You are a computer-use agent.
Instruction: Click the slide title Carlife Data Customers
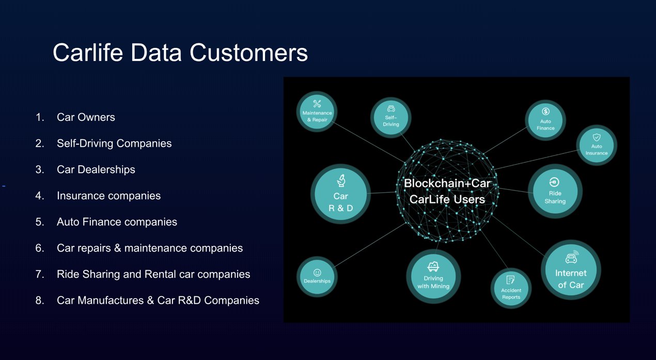point(180,53)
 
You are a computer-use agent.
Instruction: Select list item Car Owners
point(86,117)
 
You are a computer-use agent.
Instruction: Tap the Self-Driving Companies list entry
point(114,144)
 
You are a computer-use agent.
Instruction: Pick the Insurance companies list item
point(108,196)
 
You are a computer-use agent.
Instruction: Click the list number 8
point(40,300)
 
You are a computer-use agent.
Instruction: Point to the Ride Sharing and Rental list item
point(153,274)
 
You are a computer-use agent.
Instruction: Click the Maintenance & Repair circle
point(317,112)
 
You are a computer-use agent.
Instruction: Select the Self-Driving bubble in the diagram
point(391,117)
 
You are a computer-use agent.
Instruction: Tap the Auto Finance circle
point(545,120)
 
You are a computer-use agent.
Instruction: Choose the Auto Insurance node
point(597,145)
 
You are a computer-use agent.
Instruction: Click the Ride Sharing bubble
point(555,191)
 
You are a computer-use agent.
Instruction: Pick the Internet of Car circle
point(571,270)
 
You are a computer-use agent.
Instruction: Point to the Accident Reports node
point(511,288)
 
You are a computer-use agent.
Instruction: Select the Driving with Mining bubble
point(433,276)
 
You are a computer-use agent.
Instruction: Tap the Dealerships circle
point(317,277)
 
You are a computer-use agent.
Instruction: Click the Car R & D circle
point(340,194)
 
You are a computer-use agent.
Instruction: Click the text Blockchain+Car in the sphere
point(447,183)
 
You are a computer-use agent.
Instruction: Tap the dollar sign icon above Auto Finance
point(545,112)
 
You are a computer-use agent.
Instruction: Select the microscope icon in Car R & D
point(341,180)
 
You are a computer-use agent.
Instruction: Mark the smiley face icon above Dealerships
point(317,273)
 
